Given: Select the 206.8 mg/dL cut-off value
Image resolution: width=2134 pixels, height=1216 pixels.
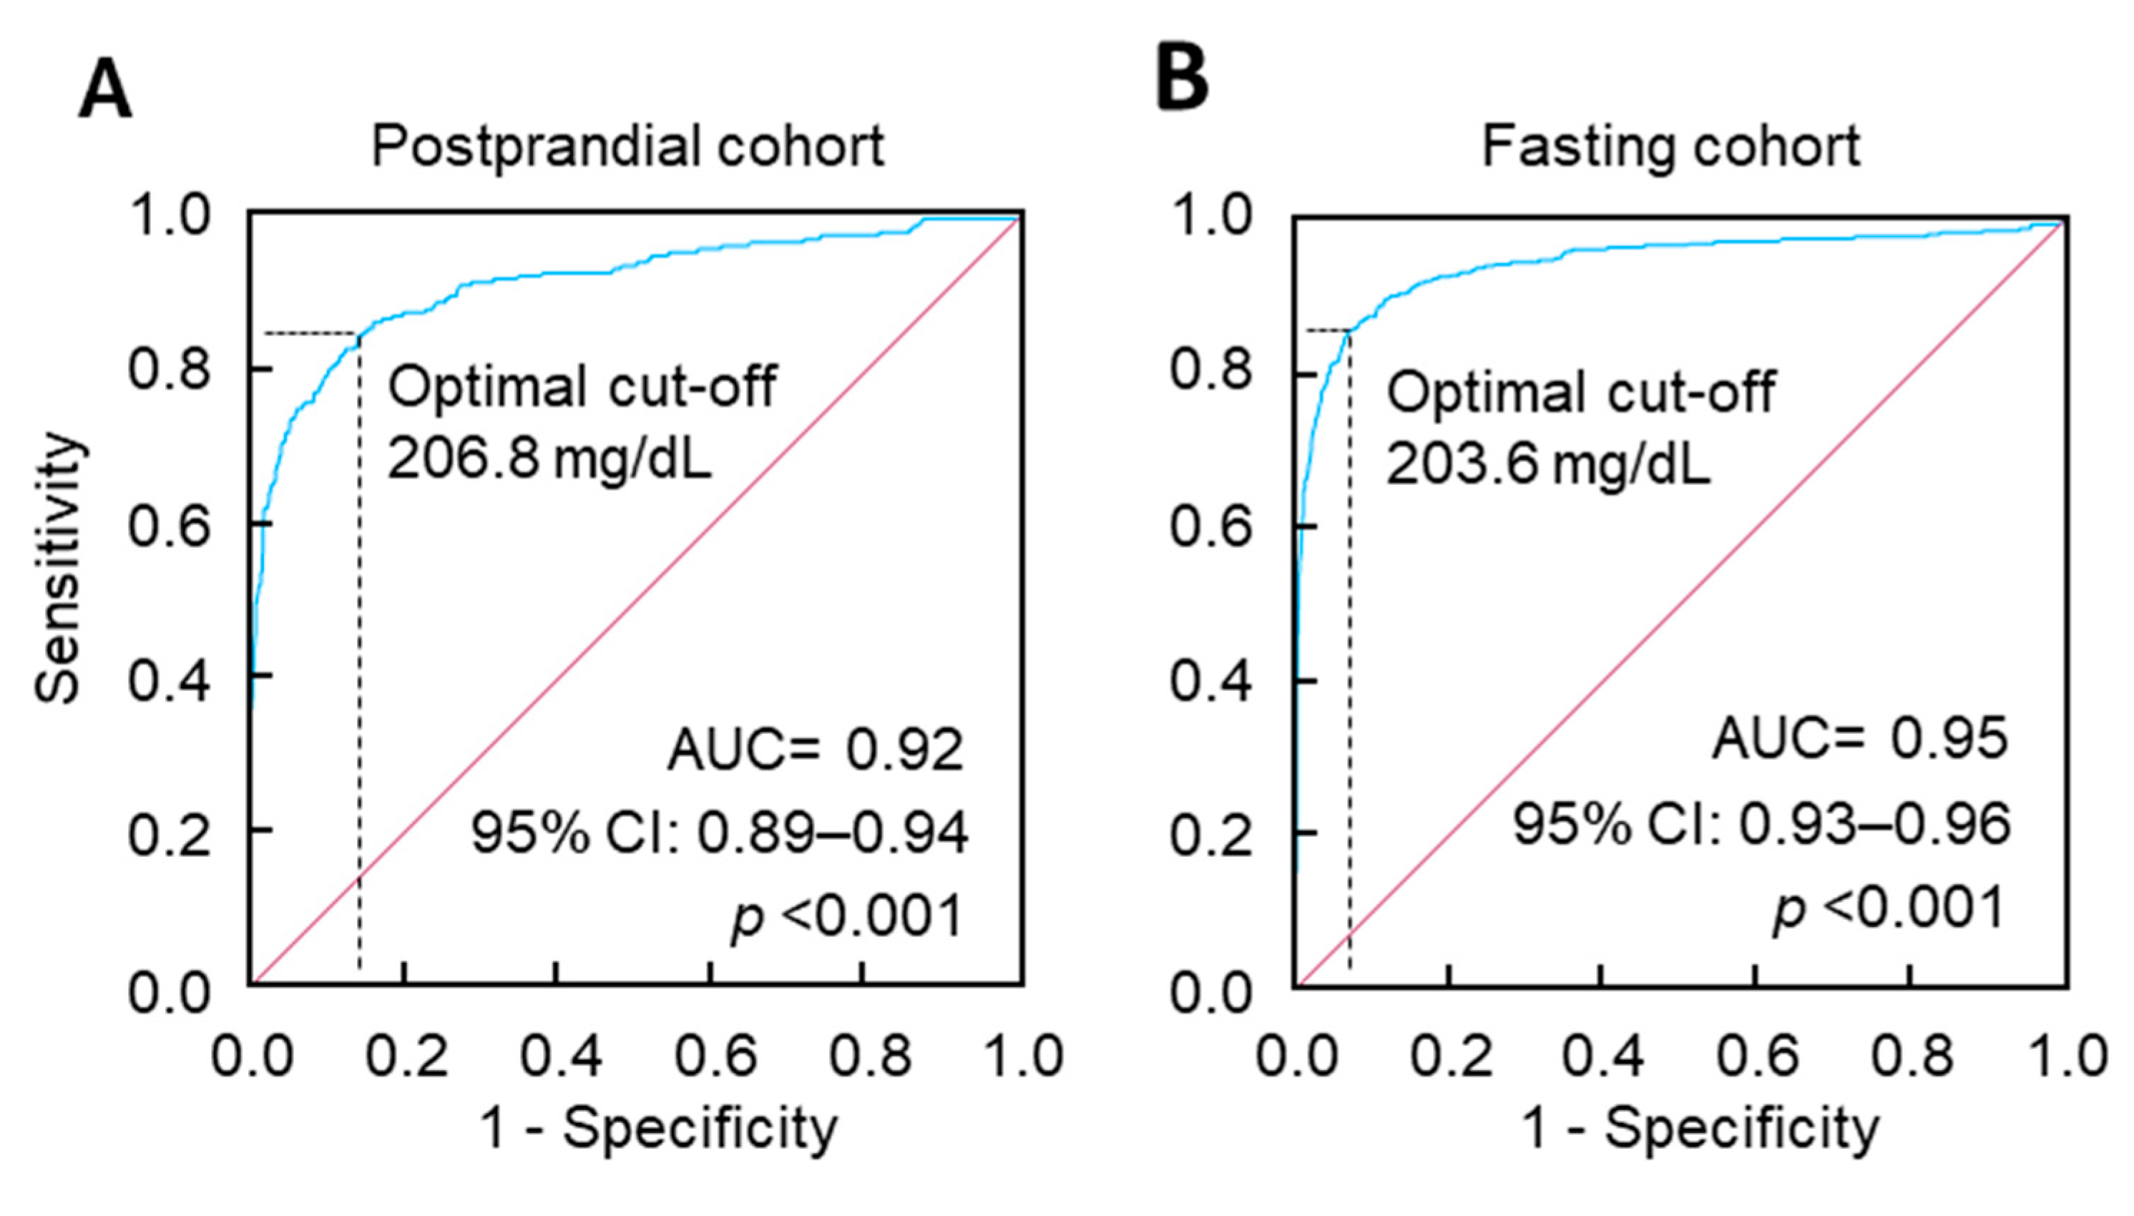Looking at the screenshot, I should (x=549, y=459).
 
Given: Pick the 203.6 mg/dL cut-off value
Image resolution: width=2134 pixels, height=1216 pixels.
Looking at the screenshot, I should (x=1547, y=464).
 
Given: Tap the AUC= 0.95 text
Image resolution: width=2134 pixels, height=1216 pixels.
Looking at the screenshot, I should (x=1859, y=738).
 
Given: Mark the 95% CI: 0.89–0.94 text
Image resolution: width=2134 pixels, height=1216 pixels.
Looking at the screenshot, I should (x=719, y=833).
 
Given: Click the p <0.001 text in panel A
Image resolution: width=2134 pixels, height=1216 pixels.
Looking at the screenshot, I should (x=847, y=916).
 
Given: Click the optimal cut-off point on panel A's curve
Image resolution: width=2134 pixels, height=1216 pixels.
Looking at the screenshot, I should (x=359, y=335).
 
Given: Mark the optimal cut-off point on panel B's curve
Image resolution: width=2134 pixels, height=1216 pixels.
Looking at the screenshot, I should (x=1349, y=332).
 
